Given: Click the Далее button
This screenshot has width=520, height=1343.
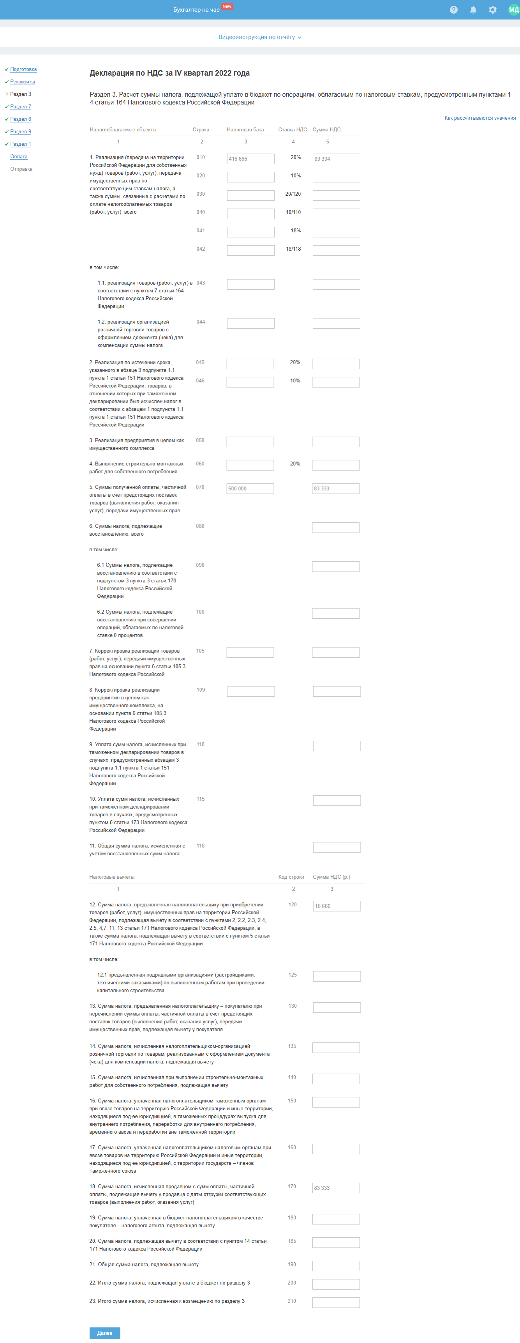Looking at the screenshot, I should [x=105, y=1332].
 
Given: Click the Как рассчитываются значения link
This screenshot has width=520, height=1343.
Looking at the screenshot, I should [x=479, y=118].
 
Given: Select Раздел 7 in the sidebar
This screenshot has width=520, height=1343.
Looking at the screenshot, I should [x=21, y=107].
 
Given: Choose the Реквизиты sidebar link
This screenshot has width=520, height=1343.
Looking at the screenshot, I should [x=23, y=82].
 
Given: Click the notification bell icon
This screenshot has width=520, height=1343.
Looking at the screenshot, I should [x=473, y=10].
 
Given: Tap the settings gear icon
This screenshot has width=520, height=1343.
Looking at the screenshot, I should [x=492, y=10].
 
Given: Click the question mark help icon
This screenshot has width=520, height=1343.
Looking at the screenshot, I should [x=454, y=10].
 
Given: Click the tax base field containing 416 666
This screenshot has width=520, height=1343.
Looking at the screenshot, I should [x=250, y=159].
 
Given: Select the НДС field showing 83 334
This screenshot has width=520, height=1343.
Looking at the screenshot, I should [x=336, y=159].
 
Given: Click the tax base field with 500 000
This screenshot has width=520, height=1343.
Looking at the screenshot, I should [x=250, y=488].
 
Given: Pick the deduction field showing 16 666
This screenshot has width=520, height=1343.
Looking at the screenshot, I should [x=337, y=906].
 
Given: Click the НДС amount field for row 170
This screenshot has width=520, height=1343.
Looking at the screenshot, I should [x=336, y=1187].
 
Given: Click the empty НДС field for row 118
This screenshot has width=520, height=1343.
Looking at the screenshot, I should [x=337, y=847].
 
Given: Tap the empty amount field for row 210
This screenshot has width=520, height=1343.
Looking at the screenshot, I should [x=336, y=1302].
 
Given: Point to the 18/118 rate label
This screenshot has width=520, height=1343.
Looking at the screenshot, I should [x=293, y=249].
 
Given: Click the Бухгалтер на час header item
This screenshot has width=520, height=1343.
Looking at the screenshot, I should [x=196, y=10].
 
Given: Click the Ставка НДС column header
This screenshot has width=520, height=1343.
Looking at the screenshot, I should [x=292, y=130].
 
